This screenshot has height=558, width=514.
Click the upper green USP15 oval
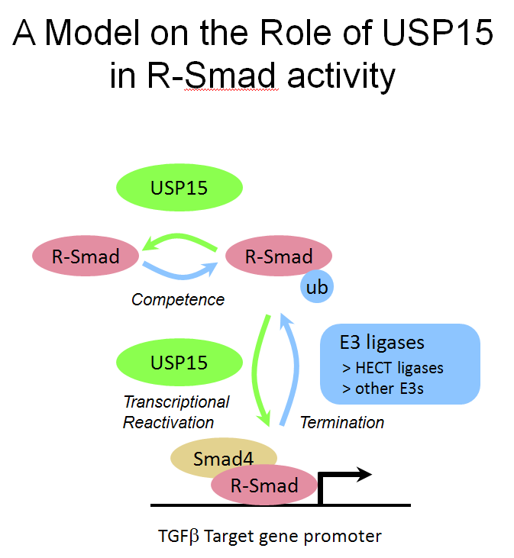(x=179, y=187)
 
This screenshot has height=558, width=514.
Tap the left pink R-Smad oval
(x=86, y=256)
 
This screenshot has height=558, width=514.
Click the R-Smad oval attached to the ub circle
(x=278, y=256)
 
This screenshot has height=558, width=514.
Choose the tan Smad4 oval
(x=222, y=458)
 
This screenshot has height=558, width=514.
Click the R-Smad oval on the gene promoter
(x=264, y=485)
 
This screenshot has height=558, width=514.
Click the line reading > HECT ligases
(x=393, y=368)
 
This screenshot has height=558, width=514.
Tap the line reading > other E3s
(x=383, y=389)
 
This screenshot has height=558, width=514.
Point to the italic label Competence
(x=178, y=299)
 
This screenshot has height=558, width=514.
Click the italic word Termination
(x=341, y=422)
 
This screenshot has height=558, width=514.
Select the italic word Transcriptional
(x=176, y=402)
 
